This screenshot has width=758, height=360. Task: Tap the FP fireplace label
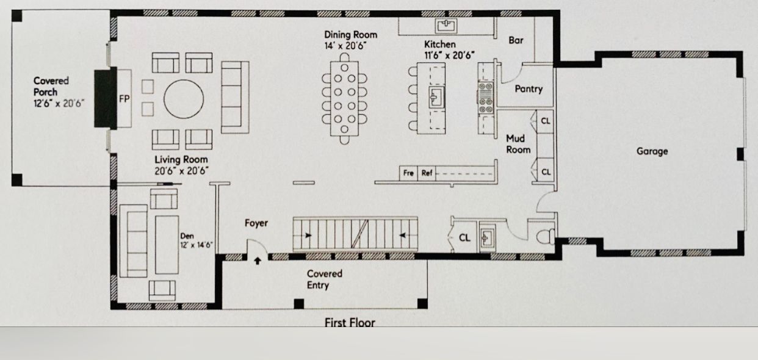tap(124, 99)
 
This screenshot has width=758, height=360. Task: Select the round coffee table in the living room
tap(184, 99)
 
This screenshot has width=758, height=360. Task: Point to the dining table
tap(344, 98)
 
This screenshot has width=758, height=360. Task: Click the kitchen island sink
tap(436, 98)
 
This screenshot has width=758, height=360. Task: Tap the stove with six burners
tap(486, 98)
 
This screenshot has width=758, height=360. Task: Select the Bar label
tap(516, 40)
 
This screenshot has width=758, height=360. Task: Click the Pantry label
tap(529, 89)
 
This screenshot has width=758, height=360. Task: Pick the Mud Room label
tap(518, 144)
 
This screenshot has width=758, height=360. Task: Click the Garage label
tap(652, 151)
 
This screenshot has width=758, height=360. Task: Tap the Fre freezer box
tap(408, 173)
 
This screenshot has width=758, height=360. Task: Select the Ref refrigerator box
tap(427, 173)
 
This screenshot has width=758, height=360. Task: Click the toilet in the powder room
tap(546, 237)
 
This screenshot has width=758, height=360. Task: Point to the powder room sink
tap(487, 237)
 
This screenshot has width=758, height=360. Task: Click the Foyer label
tap(256, 223)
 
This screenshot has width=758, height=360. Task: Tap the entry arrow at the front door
tap(258, 261)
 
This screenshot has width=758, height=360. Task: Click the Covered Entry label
tap(324, 279)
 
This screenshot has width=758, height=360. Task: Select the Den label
tap(187, 236)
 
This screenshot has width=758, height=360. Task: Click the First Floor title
tap(350, 322)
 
